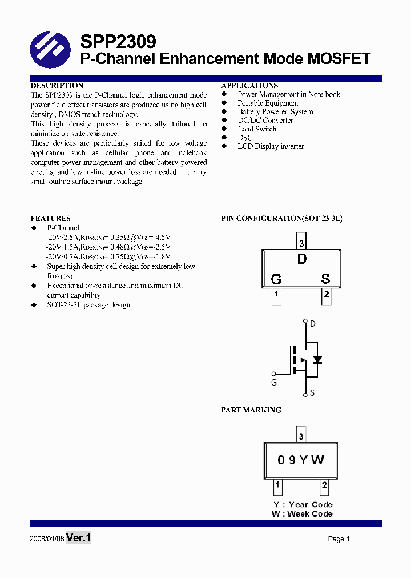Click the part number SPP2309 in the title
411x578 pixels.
(x=118, y=42)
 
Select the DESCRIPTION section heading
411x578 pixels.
(x=57, y=86)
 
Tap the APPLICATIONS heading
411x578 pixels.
(x=250, y=86)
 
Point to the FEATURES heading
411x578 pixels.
(x=51, y=218)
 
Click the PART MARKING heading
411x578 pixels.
(x=251, y=410)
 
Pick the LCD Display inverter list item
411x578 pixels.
(x=271, y=147)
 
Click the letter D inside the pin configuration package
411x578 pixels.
(x=302, y=259)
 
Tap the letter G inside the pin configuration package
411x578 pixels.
(x=276, y=279)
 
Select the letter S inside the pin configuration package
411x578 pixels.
(x=325, y=279)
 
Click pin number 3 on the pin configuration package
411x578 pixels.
(x=301, y=244)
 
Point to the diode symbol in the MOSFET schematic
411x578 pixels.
(x=317, y=360)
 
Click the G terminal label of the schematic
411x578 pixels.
(x=274, y=383)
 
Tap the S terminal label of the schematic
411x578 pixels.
(x=312, y=393)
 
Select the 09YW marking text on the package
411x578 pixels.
(x=301, y=460)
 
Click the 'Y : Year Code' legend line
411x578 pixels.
(x=302, y=504)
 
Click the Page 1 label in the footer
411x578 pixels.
(x=339, y=539)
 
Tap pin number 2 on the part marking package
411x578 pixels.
(x=324, y=487)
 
